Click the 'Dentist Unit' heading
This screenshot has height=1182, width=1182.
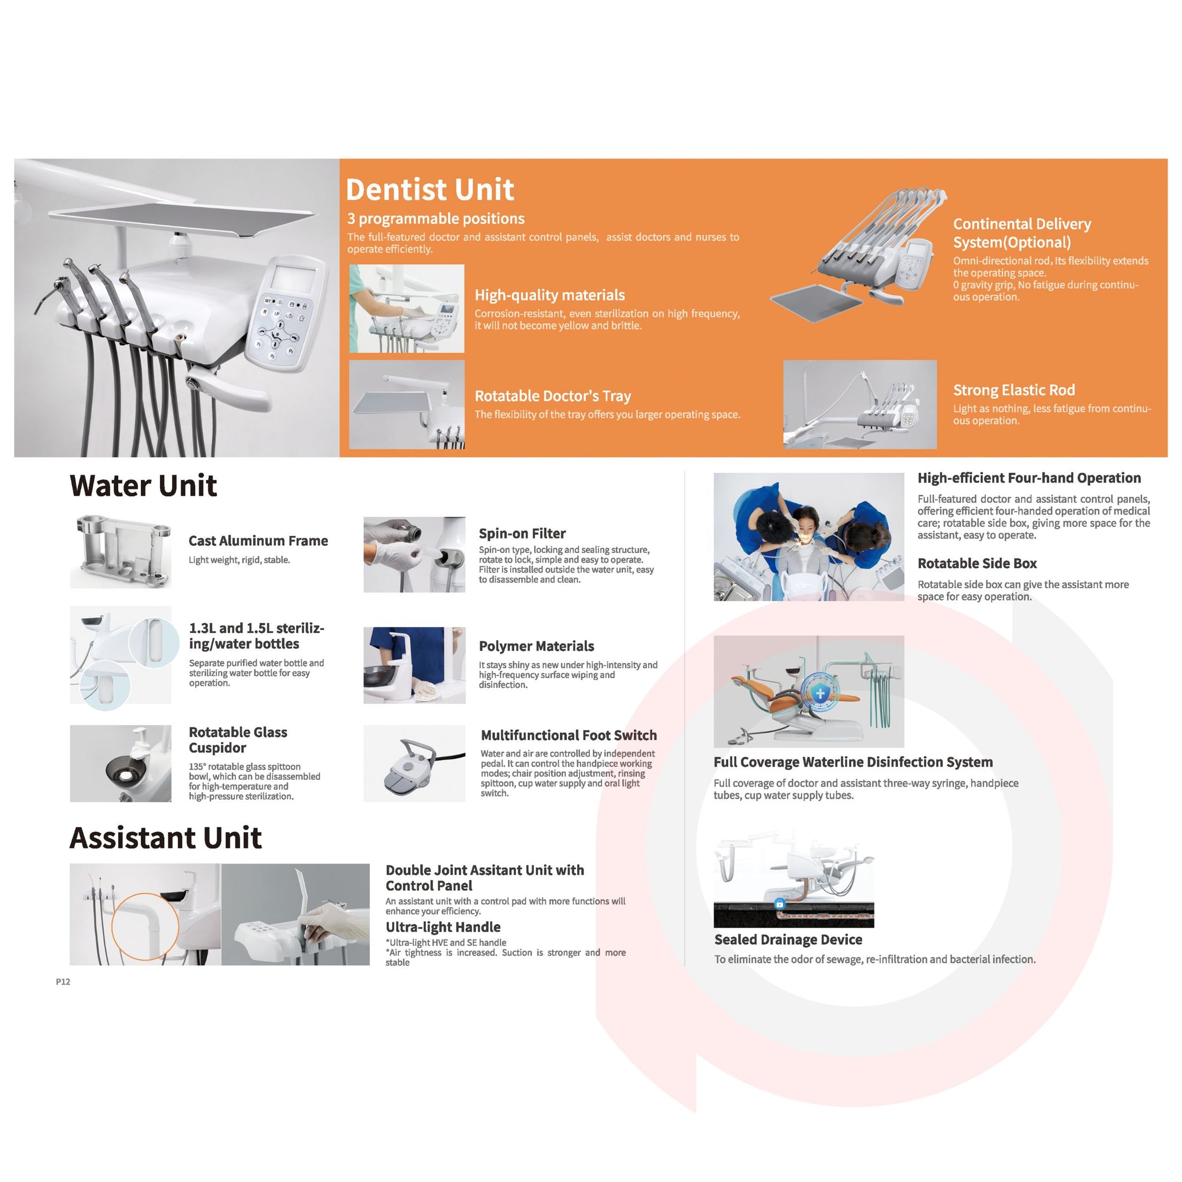pyautogui.click(x=429, y=190)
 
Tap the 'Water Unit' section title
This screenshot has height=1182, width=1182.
pyautogui.click(x=143, y=486)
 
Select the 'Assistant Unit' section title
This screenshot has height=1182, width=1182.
pyautogui.click(x=166, y=837)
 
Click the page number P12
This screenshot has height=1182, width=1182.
pyautogui.click(x=63, y=981)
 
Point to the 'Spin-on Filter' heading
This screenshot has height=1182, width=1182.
pyautogui.click(x=522, y=533)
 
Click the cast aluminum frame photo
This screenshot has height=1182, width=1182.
pyautogui.click(x=121, y=552)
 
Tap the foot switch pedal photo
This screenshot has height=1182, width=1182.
pyautogui.click(x=414, y=764)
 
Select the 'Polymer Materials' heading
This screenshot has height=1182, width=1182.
pyautogui.click(x=537, y=646)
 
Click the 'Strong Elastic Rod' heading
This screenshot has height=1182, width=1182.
pyautogui.click(x=1013, y=390)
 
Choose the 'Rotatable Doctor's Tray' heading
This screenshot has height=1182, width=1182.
pyautogui.click(x=552, y=396)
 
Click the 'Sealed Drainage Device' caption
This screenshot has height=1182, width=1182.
pyautogui.click(x=788, y=940)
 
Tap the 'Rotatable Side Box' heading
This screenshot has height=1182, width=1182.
pyautogui.click(x=977, y=563)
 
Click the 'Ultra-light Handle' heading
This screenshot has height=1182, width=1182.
pyautogui.click(x=443, y=927)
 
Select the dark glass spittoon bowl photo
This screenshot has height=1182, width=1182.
pyautogui.click(x=121, y=764)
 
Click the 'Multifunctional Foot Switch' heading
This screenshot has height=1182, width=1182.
pyautogui.click(x=568, y=735)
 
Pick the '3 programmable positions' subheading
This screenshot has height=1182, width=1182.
pyautogui.click(x=436, y=219)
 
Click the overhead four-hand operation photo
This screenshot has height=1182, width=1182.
pyautogui.click(x=809, y=537)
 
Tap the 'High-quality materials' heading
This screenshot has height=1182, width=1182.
pyautogui.click(x=549, y=295)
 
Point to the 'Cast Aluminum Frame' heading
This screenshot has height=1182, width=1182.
pyautogui.click(x=258, y=541)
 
